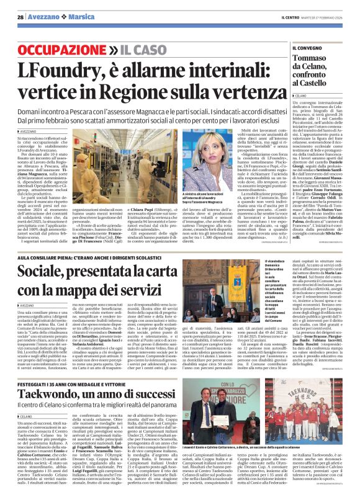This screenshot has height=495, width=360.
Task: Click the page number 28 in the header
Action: click(20, 16)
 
